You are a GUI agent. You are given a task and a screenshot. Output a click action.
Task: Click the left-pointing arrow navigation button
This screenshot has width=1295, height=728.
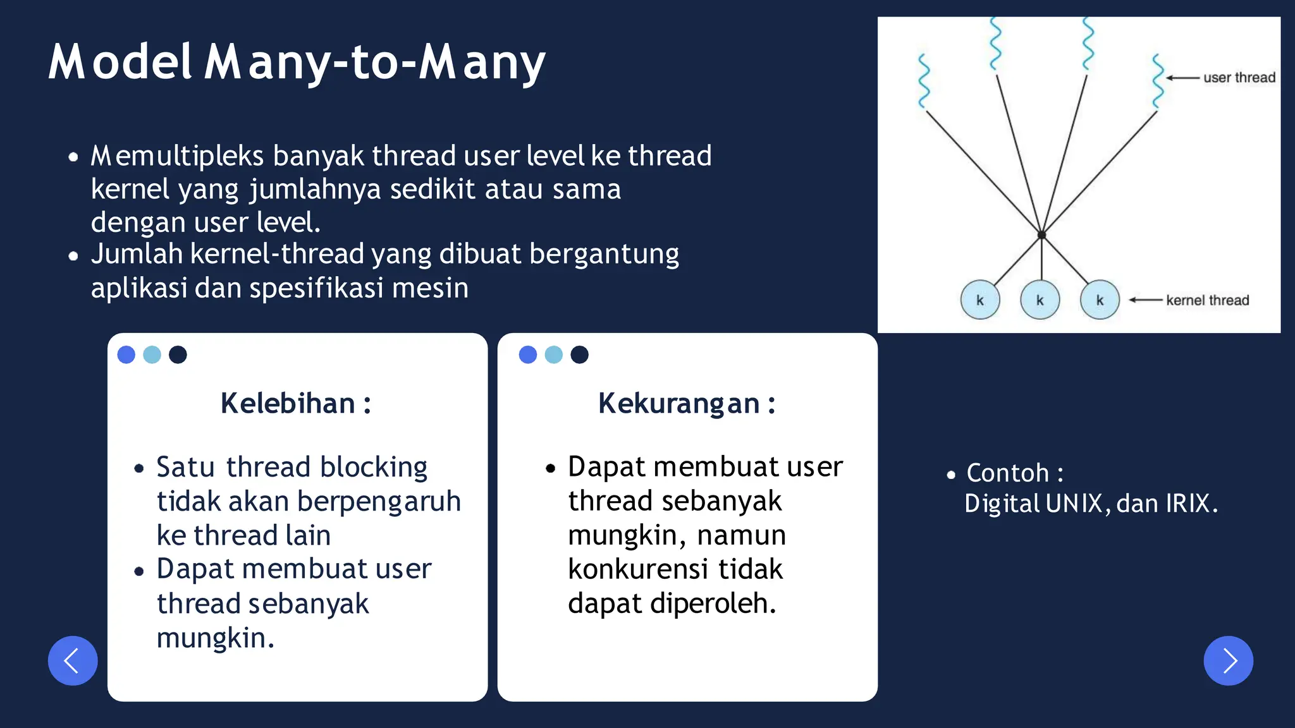pos(73,660)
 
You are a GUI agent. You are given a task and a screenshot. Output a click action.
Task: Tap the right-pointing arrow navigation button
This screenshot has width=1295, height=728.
pos(1228,660)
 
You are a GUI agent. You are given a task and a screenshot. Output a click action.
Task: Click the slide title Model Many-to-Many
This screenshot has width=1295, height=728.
pos(297,62)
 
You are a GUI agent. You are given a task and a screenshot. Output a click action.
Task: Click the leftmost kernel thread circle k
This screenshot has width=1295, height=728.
pos(980,300)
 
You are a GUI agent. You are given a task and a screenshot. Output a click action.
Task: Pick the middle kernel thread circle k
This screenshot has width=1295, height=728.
pos(1040,300)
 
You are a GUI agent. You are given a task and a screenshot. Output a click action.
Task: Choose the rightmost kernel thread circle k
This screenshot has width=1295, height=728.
pos(1100,300)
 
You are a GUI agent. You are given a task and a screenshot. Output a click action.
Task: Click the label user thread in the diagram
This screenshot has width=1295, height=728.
pos(1239,78)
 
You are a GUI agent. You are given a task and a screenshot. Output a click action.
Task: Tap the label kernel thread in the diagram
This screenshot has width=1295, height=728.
pos(1207,300)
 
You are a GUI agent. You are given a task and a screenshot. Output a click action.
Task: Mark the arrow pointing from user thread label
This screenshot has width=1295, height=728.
pos(1182,78)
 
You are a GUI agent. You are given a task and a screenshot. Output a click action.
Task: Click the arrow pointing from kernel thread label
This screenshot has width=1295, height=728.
pos(1146,300)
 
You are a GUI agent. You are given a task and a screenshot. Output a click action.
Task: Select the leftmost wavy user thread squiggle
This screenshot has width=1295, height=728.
pos(924,81)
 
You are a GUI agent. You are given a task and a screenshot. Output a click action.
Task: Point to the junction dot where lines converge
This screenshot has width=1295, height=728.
pos(1041,235)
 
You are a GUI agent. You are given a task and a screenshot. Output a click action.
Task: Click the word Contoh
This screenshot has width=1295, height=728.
pos(1007,473)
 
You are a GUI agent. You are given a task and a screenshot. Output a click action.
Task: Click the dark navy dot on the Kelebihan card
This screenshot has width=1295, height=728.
pos(178,355)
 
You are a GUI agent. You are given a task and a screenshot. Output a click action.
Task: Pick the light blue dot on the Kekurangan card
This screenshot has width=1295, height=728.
pos(553,355)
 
